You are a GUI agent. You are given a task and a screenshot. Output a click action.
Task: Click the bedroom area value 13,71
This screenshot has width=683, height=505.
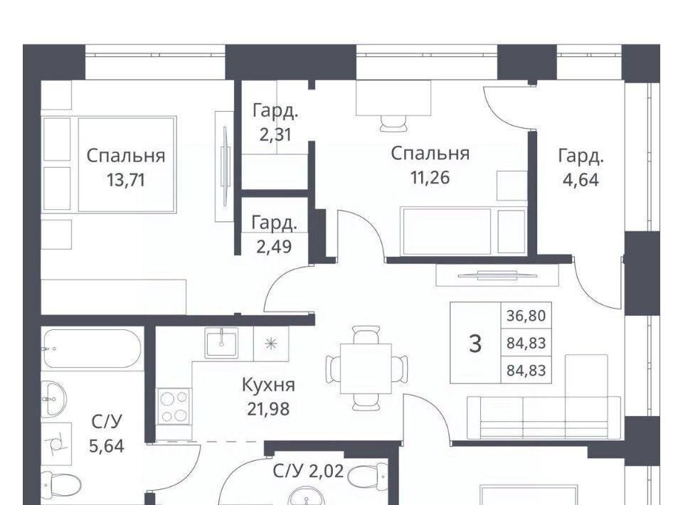[x=125, y=179]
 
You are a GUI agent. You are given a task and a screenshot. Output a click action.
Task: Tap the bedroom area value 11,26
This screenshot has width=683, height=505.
[x=430, y=177]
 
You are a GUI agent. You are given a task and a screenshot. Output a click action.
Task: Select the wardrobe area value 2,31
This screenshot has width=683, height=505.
[x=275, y=134]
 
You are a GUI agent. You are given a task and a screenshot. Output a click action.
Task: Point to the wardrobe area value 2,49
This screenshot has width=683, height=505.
[x=274, y=247]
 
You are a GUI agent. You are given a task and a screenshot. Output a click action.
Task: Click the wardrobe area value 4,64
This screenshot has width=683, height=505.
[x=581, y=179]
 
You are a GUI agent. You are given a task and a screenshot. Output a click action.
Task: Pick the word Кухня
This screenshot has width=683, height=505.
[x=268, y=385]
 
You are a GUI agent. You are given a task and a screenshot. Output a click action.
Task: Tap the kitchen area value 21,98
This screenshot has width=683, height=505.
[x=268, y=409]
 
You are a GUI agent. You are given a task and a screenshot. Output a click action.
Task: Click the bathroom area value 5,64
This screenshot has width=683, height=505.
[x=107, y=446]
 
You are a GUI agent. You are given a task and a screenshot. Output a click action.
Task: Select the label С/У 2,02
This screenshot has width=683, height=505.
[x=308, y=471]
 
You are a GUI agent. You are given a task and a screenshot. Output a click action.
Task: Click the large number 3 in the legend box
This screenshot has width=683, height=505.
[x=475, y=343]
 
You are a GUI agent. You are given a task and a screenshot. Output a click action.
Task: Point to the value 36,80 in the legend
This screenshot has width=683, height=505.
[x=526, y=315]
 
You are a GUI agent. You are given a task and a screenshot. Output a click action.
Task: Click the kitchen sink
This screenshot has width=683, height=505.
[x=222, y=342]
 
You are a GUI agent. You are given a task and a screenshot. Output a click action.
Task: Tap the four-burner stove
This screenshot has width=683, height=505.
[x=174, y=405]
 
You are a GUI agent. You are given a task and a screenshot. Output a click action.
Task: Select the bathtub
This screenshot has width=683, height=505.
[x=92, y=349]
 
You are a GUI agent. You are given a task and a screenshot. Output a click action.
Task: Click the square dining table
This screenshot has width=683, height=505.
[x=366, y=368]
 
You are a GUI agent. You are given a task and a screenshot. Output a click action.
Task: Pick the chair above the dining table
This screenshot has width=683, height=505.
[x=366, y=334]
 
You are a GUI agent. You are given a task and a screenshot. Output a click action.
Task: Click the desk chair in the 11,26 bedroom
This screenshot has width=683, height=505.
[x=393, y=123]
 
